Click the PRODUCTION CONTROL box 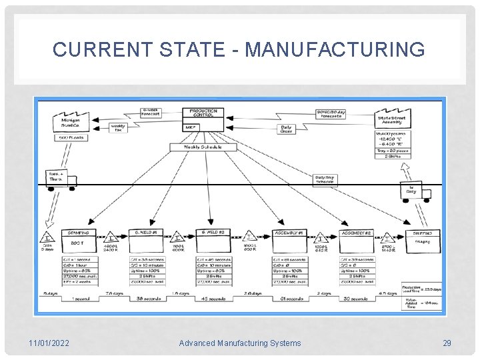(x=203, y=114)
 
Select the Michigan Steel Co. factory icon (x=71, y=121)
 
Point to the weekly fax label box (x=118, y=127)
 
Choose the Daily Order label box (x=286, y=129)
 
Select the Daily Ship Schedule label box (x=325, y=179)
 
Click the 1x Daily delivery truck (x=413, y=190)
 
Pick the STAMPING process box (x=79, y=233)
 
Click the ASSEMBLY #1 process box (x=289, y=233)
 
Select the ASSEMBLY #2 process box (x=357, y=233)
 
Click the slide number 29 (x=447, y=343)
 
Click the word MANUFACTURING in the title (x=335, y=49)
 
